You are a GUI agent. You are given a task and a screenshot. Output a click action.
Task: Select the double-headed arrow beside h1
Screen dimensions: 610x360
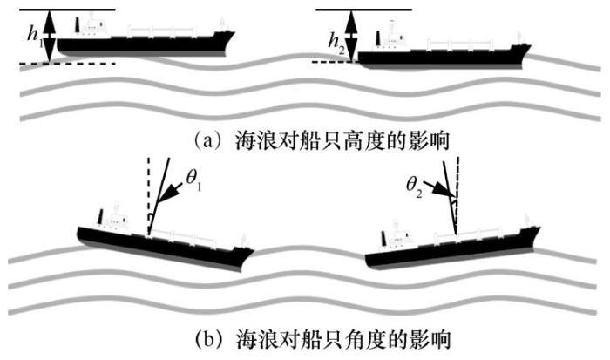[51, 36]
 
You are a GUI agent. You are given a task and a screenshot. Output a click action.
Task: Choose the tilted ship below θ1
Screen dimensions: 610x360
[166, 240]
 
